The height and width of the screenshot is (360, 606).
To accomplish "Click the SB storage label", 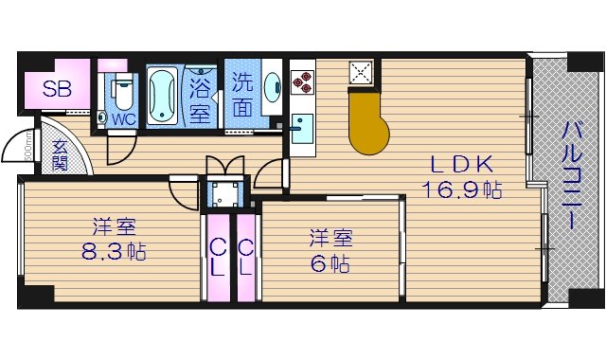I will tap(56, 93).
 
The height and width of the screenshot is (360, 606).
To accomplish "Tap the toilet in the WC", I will tap(121, 94).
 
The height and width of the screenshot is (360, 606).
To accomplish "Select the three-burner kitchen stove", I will tap(302, 80).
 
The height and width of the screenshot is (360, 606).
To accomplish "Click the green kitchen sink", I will tap(302, 127).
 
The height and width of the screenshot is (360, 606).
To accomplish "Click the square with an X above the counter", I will tap(361, 71).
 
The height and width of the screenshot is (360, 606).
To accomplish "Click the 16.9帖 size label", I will tap(462, 189).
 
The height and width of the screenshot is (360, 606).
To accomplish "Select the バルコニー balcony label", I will tap(573, 174).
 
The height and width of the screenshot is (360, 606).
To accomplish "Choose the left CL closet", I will tap(217, 257).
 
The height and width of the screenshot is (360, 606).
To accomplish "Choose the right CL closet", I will tap(245, 257).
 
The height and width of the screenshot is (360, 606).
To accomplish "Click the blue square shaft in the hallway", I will tap(225, 193).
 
